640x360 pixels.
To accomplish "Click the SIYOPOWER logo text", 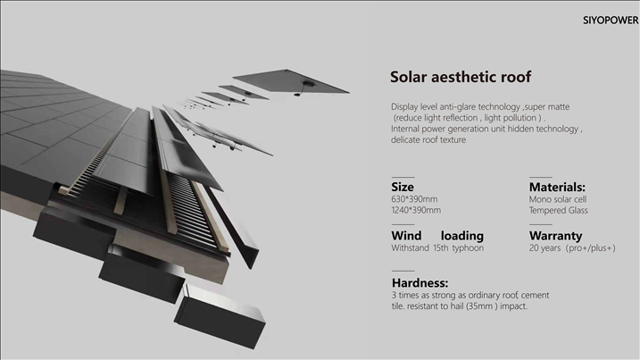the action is [611, 20].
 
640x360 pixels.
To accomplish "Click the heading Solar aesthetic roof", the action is [461, 77].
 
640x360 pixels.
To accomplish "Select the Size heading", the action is [403, 187].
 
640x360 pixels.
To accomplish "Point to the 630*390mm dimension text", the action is [414, 199].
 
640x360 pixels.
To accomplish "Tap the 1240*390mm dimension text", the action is [416, 211].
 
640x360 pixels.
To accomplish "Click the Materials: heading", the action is [557, 188].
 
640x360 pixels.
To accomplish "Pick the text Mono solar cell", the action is [558, 199].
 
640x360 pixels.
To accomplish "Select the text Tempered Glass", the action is [559, 211].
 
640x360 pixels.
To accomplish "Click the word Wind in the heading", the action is [406, 236].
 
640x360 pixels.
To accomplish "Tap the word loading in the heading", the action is [462, 236].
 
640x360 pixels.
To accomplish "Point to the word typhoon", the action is [468, 248].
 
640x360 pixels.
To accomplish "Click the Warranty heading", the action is [555, 236].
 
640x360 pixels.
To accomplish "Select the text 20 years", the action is [544, 248].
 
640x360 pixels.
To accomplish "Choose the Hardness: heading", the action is [420, 283].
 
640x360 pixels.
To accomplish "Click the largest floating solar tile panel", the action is [291, 81].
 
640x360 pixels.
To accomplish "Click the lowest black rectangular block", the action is [220, 317].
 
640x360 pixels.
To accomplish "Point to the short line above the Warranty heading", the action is [540, 224].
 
